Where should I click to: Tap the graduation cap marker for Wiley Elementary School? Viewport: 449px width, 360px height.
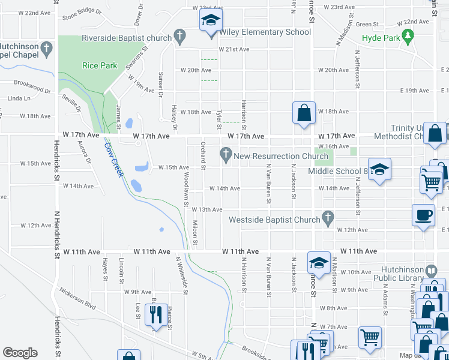coord(211,22)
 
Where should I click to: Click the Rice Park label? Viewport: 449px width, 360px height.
coord(100,65)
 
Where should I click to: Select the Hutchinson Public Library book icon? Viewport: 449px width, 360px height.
coord(430,271)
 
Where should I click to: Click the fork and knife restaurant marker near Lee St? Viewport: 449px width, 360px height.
coord(156,314)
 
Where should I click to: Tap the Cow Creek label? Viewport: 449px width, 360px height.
coord(113,158)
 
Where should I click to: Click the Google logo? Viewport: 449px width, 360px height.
coord(20,353)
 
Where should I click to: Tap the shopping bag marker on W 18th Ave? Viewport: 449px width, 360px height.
coord(304,113)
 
